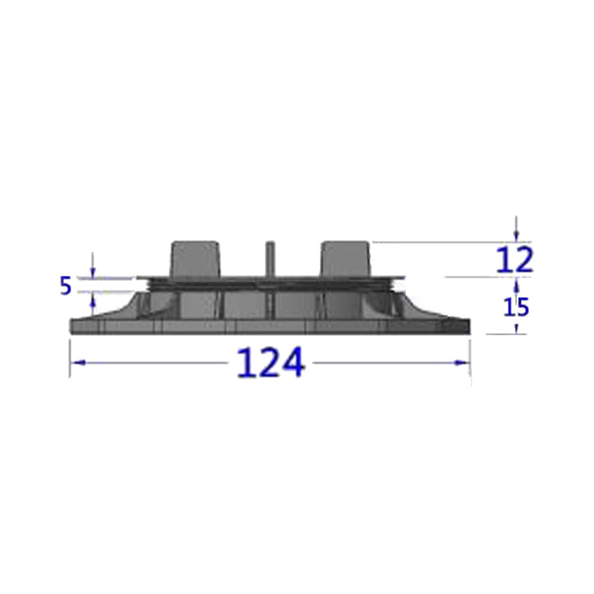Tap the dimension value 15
point(516,307)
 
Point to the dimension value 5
point(66,287)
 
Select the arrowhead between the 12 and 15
point(516,284)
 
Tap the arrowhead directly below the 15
point(516,328)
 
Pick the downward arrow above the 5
point(92,270)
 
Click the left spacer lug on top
point(195,258)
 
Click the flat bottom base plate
point(270,327)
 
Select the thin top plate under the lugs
point(270,278)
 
